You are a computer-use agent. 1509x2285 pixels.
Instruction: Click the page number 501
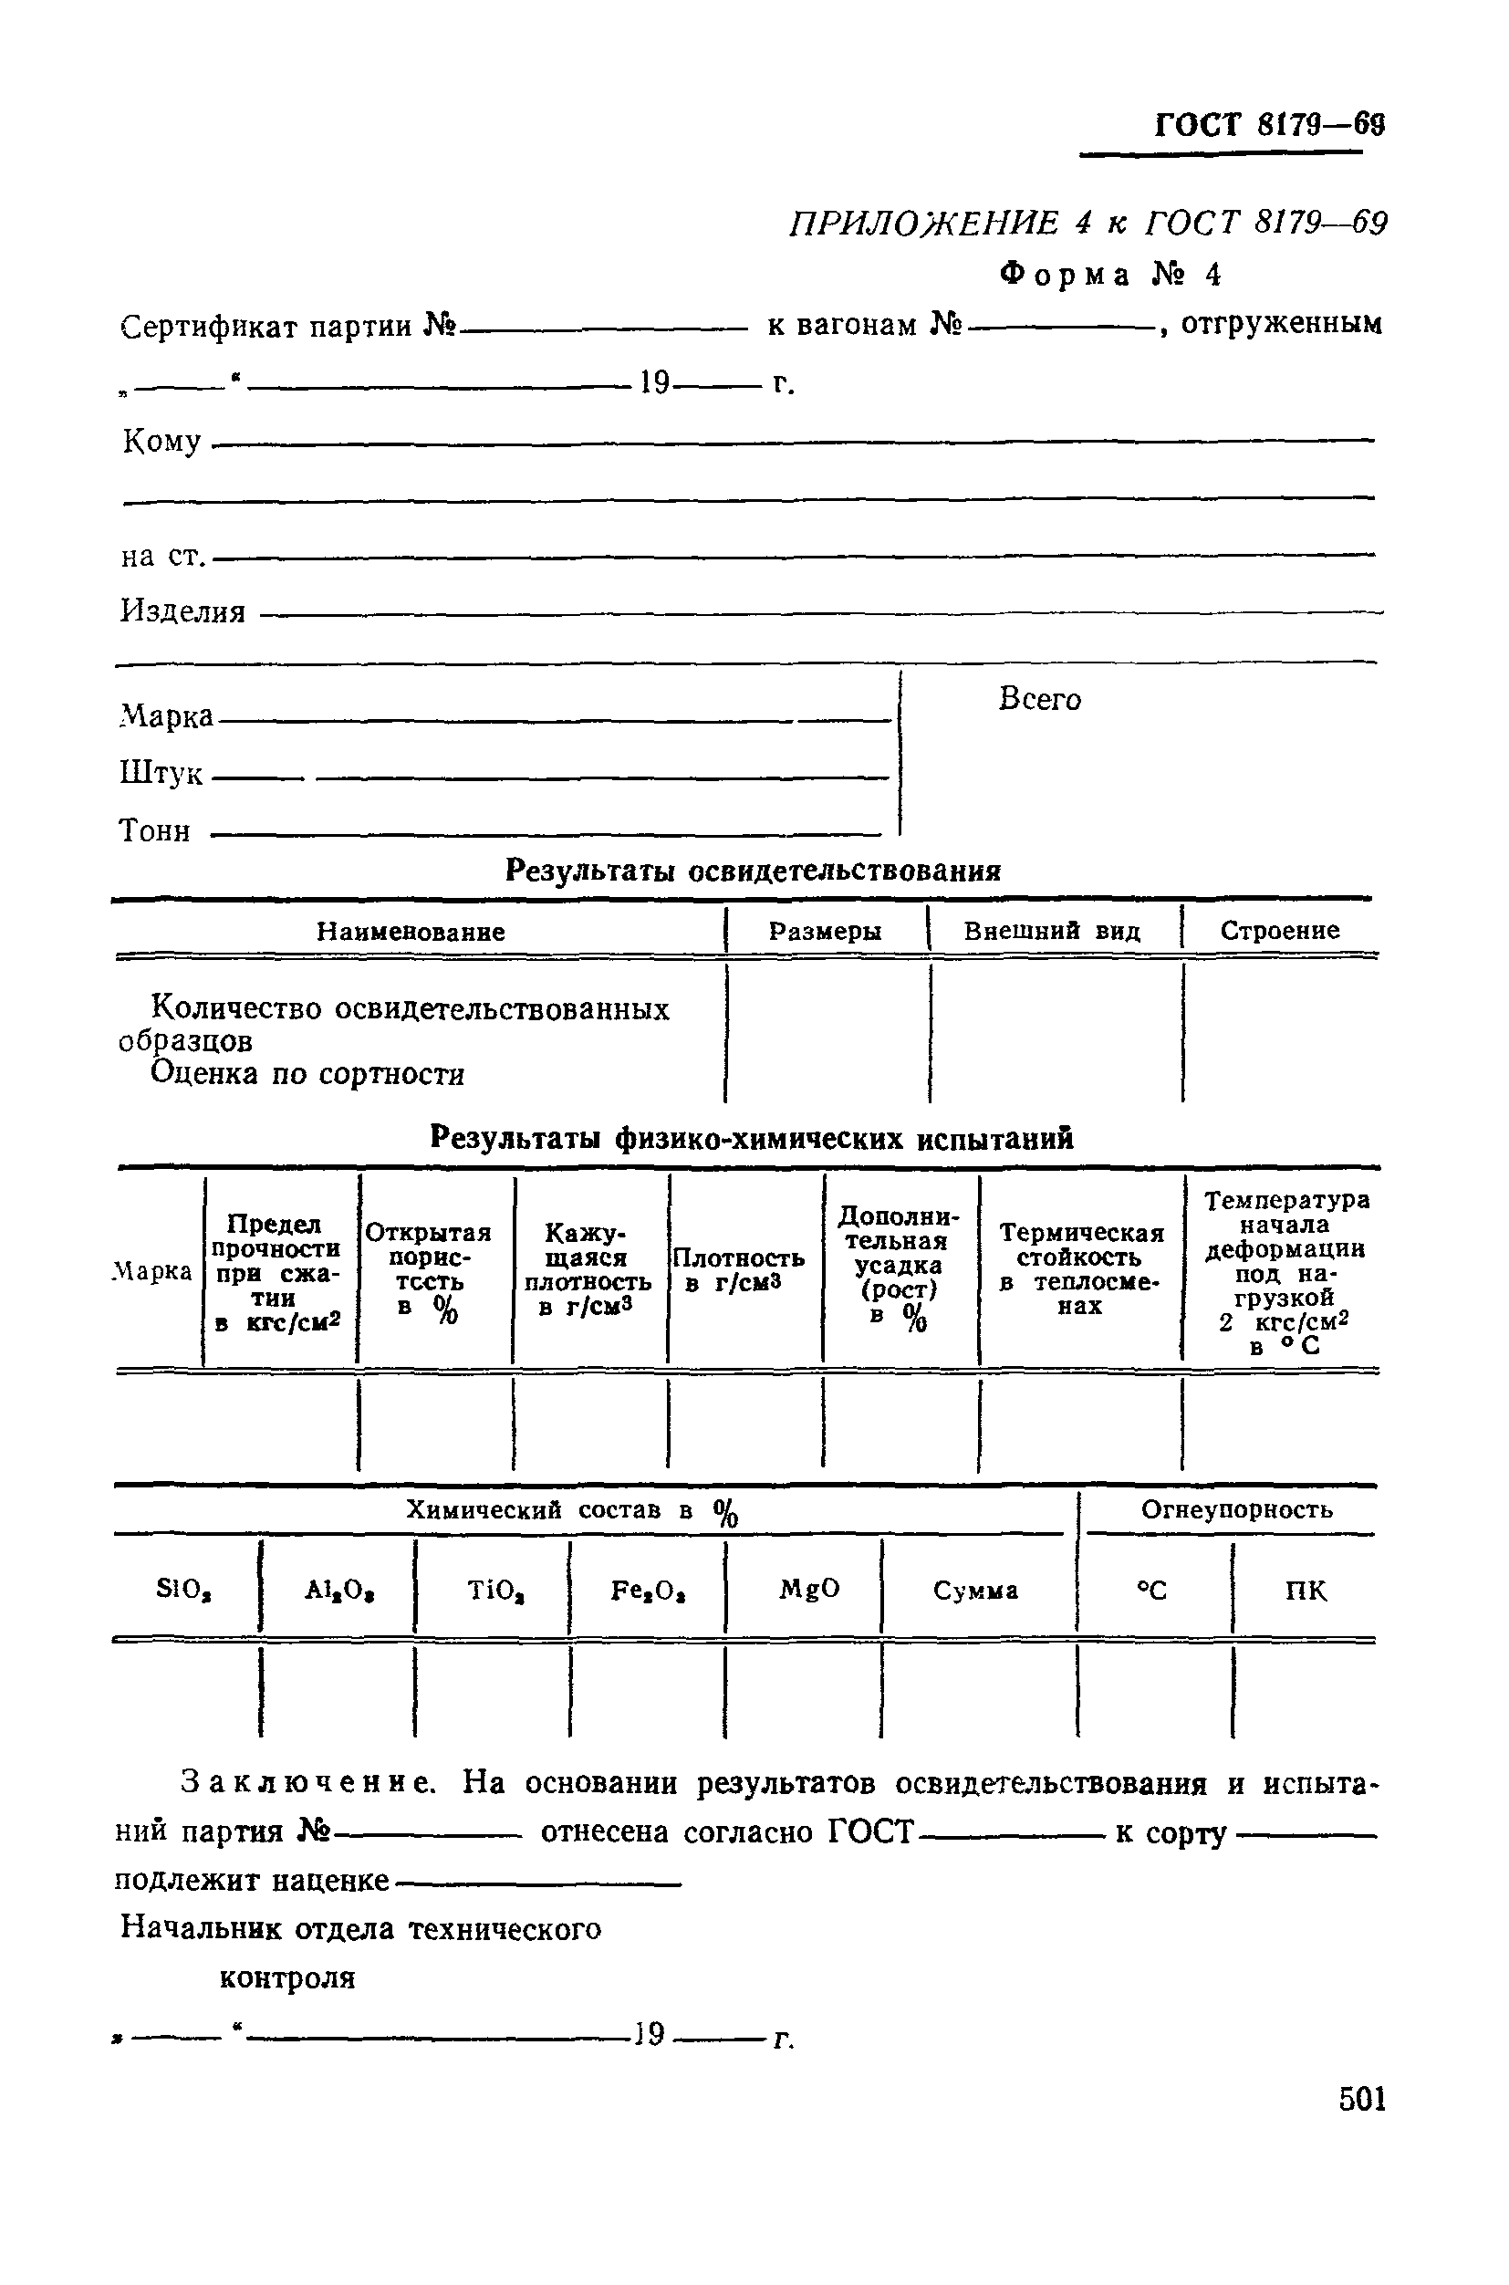[1362, 2098]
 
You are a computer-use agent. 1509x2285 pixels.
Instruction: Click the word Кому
[161, 442]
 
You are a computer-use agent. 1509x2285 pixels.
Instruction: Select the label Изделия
[182, 611]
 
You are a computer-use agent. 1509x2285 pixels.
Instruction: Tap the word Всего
[1039, 699]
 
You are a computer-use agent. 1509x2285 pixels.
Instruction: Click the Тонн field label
[154, 830]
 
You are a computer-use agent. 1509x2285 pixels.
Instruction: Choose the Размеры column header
[825, 931]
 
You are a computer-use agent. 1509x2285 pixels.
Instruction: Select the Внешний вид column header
[1052, 931]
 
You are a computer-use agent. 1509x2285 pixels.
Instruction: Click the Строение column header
[1279, 930]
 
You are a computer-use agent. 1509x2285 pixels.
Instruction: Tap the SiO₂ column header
[183, 1590]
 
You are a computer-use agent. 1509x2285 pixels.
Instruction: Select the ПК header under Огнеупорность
[1305, 1591]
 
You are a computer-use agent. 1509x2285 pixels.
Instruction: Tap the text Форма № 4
[1109, 276]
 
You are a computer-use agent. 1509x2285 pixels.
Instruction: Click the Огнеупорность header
[1235, 1509]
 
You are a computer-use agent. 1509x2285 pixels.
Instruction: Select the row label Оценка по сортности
[308, 1073]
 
